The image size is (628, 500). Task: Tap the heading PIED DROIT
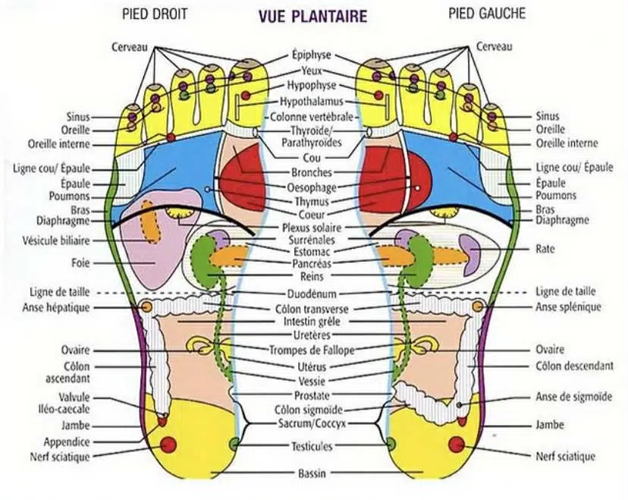click(x=155, y=14)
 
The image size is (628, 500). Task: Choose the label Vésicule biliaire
click(x=55, y=241)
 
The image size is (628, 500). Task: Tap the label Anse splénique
click(x=568, y=307)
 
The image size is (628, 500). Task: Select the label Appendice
click(x=68, y=442)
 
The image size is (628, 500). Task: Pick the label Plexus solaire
click(x=311, y=227)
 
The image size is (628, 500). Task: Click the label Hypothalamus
click(x=311, y=102)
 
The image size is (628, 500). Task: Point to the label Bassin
click(x=312, y=474)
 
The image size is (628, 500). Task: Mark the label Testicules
click(x=312, y=447)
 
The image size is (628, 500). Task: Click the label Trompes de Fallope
click(x=312, y=350)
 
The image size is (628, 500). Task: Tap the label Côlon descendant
click(x=574, y=366)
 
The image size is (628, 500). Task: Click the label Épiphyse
click(x=311, y=55)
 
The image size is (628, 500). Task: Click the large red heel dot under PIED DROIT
click(x=168, y=444)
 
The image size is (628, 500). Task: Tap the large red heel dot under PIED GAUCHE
click(x=457, y=444)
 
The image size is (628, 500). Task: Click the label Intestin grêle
click(x=312, y=322)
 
